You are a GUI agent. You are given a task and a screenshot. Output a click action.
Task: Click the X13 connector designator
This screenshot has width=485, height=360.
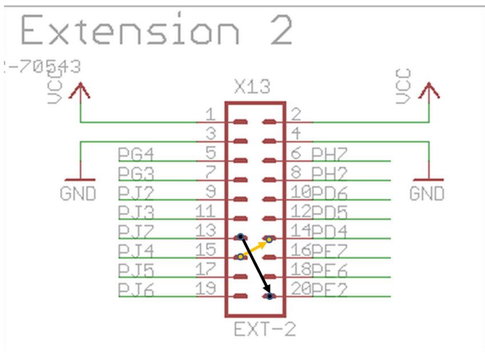coord(252,88)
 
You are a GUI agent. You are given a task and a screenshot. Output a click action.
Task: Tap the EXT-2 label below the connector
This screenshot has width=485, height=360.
coord(264,330)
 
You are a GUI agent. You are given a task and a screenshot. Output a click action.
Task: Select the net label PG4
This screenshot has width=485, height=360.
coord(136,154)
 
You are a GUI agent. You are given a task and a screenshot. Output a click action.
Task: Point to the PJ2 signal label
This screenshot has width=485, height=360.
coord(136,193)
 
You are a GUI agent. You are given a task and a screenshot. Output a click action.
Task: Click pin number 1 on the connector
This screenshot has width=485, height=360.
coord(210,114)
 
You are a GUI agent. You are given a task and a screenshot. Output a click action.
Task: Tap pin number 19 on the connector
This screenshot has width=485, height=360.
coord(206,289)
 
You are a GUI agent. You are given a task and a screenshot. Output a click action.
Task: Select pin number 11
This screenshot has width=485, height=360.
coord(206,212)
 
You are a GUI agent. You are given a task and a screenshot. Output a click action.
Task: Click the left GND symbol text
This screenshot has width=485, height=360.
coord(78,194)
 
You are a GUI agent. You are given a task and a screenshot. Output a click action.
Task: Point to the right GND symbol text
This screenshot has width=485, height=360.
coord(427,194)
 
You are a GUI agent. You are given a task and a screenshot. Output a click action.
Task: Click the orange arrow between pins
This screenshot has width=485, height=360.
coord(255,248)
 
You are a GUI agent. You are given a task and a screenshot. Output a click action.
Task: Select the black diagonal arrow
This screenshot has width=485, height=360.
coord(255,267)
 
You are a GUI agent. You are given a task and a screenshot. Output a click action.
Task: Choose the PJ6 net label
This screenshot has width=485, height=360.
coord(136,290)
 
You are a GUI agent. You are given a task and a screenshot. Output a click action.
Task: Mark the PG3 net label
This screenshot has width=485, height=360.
coord(136,173)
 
